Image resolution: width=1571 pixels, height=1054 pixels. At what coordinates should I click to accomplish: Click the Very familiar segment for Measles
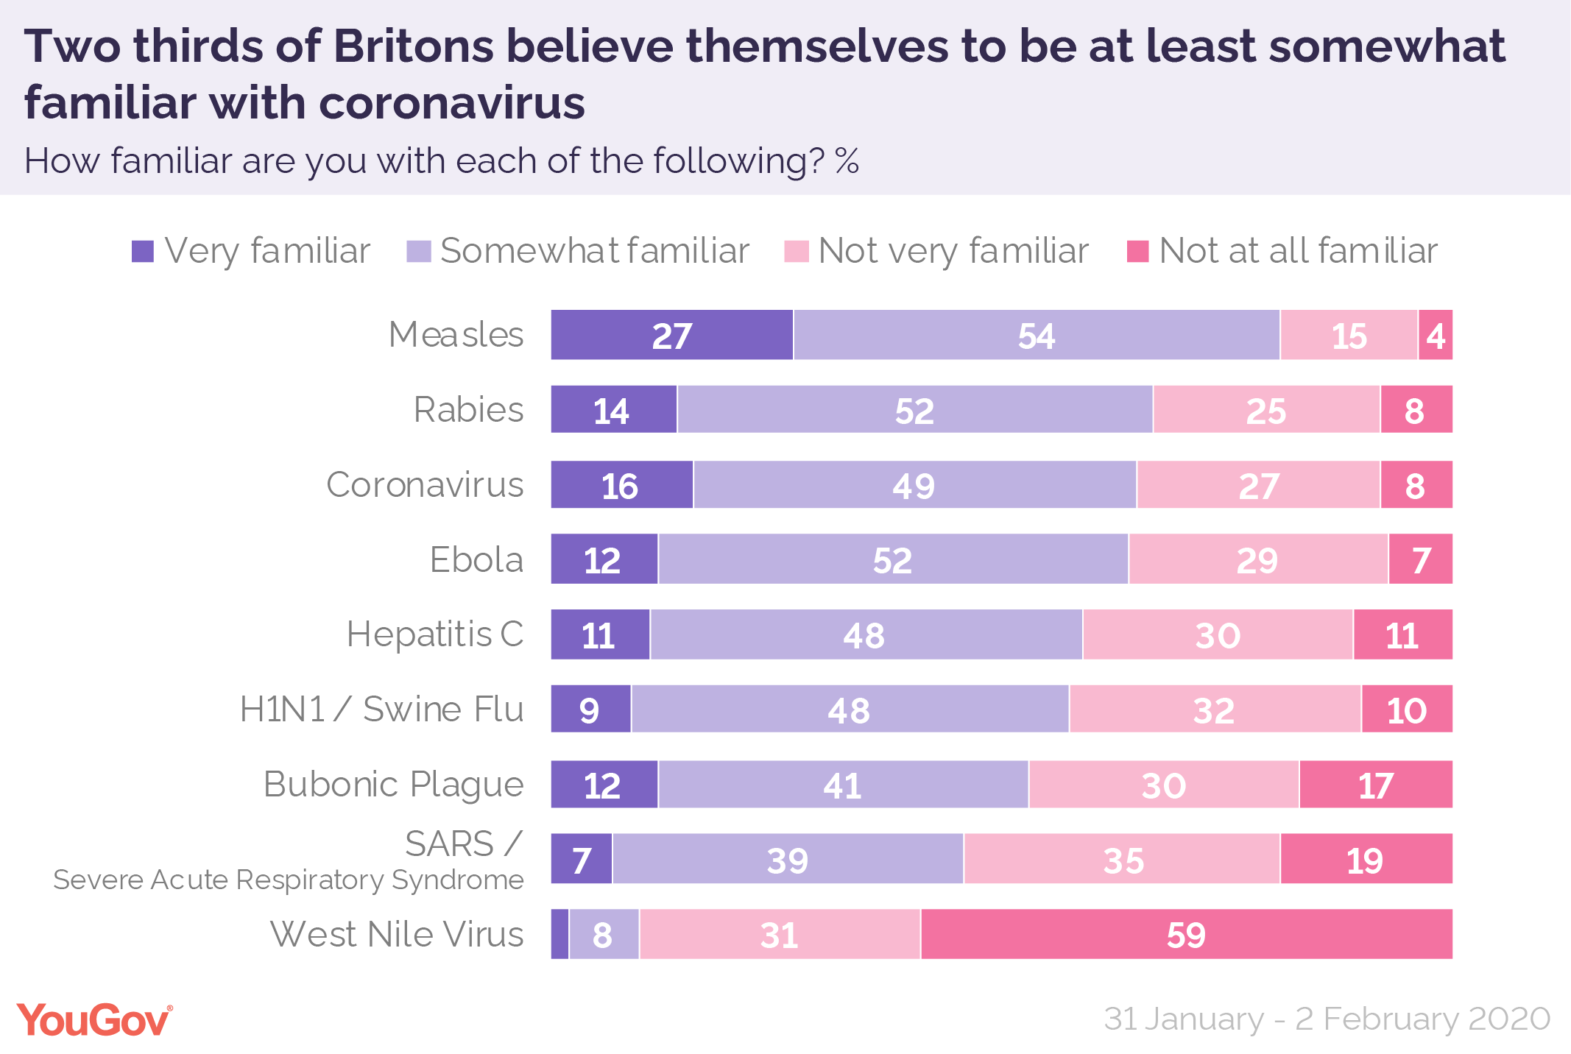pyautogui.click(x=671, y=335)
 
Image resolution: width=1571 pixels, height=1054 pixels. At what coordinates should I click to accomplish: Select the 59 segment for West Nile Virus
pyautogui.click(x=1186, y=934)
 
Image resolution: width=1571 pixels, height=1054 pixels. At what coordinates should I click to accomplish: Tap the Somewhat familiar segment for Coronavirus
pyautogui.click(x=914, y=485)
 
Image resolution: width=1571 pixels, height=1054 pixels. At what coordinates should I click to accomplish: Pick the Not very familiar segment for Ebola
pyautogui.click(x=1258, y=559)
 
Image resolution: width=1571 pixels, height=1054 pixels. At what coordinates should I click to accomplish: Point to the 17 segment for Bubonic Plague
pyautogui.click(x=1375, y=785)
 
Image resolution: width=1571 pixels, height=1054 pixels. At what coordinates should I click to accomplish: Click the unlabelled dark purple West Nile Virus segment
pyautogui.click(x=560, y=934)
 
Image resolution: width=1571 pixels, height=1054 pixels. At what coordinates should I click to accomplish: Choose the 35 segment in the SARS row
pyautogui.click(x=1122, y=859)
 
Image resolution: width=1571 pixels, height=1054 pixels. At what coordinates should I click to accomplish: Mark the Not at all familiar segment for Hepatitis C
pyautogui.click(x=1402, y=634)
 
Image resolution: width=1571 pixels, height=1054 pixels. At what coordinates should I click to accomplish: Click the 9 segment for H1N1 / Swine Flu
pyautogui.click(x=590, y=709)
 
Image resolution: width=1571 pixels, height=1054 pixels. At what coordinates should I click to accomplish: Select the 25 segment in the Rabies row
pyautogui.click(x=1266, y=409)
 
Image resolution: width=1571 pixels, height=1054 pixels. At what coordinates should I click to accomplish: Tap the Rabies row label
pyautogui.click(x=468, y=409)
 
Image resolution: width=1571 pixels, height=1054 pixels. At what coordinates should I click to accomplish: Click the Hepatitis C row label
pyautogui.click(x=434, y=634)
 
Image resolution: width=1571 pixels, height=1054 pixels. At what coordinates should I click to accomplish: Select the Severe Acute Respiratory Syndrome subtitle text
pyautogui.click(x=288, y=880)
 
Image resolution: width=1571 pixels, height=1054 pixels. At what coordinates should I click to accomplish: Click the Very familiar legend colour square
pyautogui.click(x=143, y=252)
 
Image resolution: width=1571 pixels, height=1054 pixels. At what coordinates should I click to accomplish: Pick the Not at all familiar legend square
pyautogui.click(x=1137, y=252)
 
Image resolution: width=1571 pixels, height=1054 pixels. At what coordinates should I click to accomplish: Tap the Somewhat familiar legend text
pyautogui.click(x=594, y=251)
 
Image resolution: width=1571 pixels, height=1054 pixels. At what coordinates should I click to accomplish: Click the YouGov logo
pyautogui.click(x=94, y=1020)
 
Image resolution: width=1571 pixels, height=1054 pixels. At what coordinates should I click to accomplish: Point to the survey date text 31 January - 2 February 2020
pyautogui.click(x=1327, y=1019)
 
